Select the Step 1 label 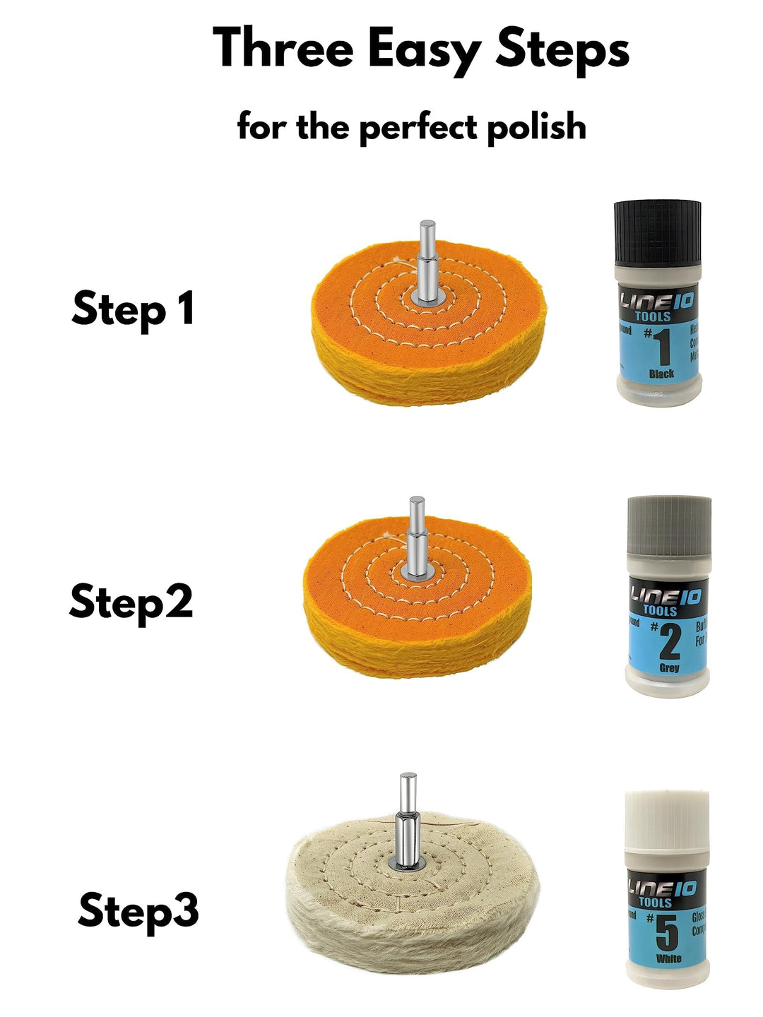coord(133,309)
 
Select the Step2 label coord(131,602)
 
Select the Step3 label coord(138,910)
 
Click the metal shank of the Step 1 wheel coord(427,265)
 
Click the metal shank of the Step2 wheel coord(416,540)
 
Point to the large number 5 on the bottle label coord(667,934)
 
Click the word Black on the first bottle coord(661,374)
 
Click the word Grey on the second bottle coord(669,667)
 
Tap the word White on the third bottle coord(668,959)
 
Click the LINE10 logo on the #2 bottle coord(665,597)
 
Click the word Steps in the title coord(562,51)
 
